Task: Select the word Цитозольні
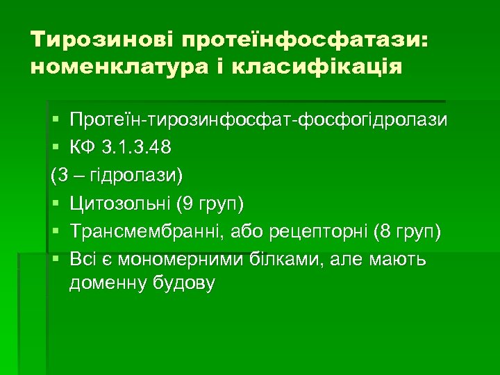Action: pyautogui.click(x=119, y=204)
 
